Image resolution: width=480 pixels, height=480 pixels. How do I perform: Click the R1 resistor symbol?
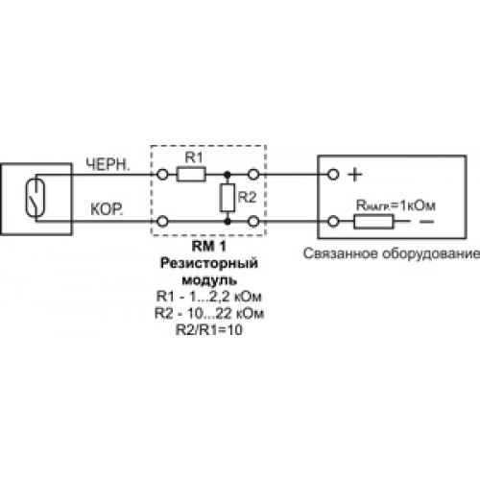191,175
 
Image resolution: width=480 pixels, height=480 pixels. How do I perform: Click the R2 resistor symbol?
228,198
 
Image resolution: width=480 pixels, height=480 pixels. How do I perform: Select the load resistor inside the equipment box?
373,222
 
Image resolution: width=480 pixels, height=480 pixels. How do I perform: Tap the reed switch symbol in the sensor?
36,198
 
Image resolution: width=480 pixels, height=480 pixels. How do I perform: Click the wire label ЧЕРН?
108,165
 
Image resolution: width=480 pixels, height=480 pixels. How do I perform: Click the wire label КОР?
107,209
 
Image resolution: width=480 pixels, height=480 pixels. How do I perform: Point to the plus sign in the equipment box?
354,175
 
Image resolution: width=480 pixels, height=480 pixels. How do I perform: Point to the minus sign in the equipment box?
426,222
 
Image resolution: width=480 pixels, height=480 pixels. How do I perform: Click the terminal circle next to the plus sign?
333,175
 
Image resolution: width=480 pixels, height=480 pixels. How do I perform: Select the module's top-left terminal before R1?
162,175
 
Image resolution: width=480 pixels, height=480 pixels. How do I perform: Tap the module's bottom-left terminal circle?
162,222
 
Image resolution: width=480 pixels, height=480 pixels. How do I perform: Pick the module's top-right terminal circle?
253,175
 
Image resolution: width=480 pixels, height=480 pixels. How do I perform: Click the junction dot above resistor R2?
228,175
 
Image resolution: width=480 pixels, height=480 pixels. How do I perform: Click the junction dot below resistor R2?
228,222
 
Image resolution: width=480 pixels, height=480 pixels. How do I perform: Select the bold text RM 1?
209,246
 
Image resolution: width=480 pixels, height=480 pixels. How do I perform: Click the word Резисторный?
209,263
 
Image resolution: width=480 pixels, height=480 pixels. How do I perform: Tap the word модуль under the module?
209,280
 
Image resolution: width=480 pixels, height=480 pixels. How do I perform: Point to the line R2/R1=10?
209,329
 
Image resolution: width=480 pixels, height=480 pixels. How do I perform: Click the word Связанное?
341,253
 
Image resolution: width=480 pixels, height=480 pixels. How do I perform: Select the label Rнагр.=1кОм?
396,205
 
